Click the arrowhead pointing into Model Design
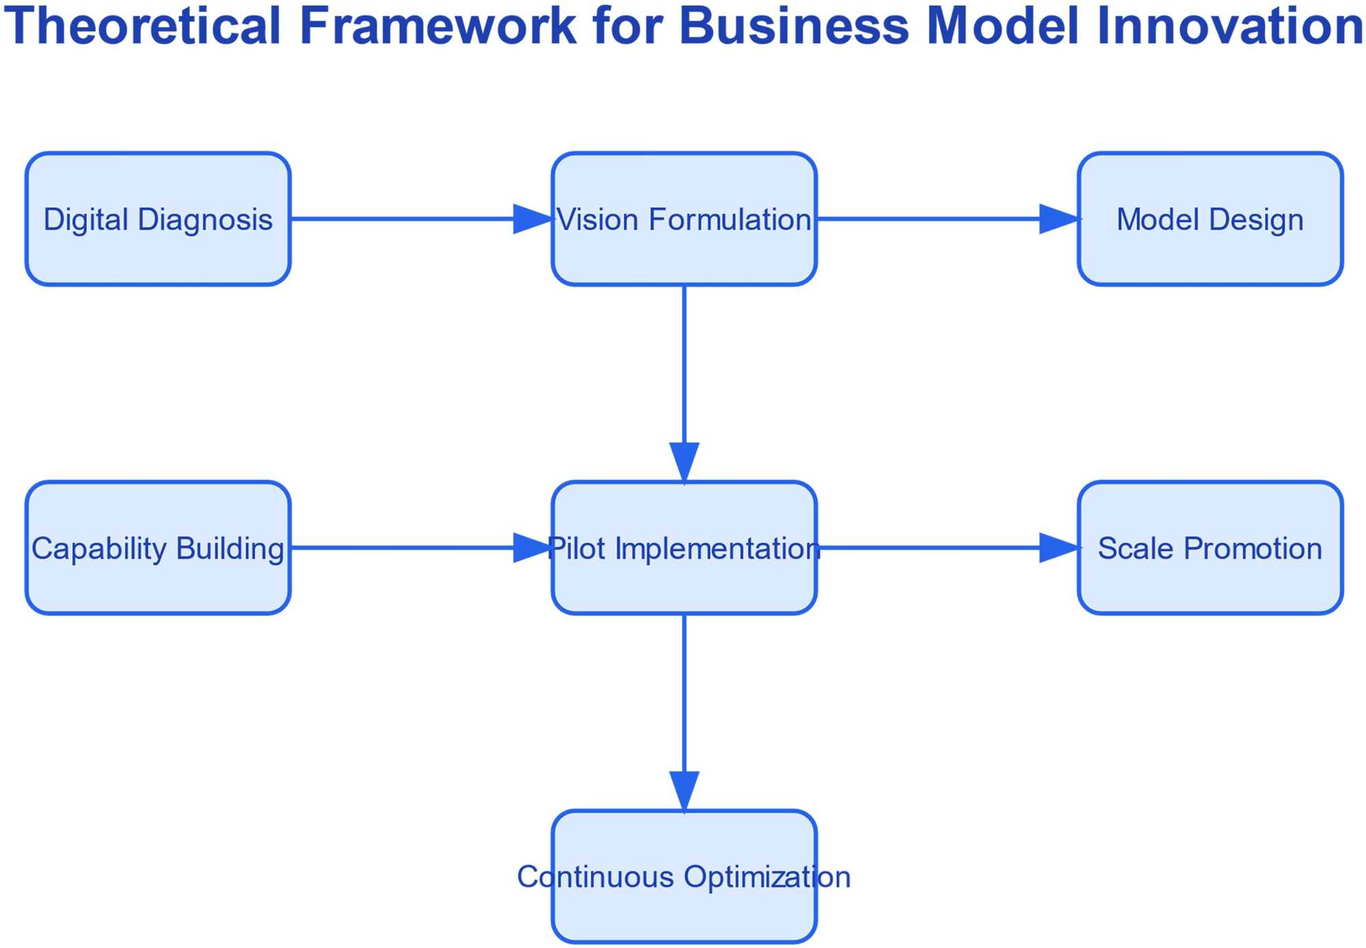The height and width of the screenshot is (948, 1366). pos(1059,219)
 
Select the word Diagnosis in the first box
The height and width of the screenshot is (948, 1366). pos(205,220)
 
